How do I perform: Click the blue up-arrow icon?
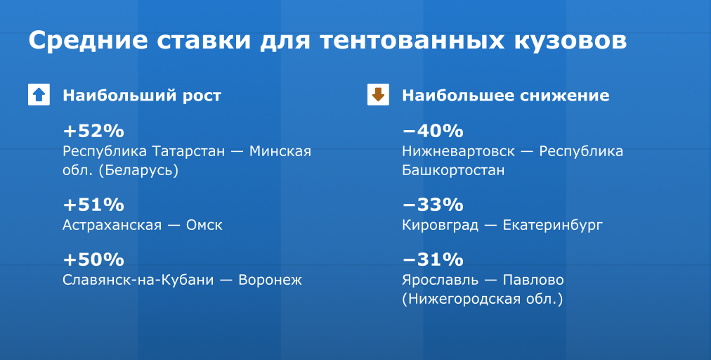click(39, 94)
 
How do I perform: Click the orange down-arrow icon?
click(378, 94)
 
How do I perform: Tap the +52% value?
click(93, 131)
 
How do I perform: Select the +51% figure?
click(93, 205)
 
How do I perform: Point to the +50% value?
click(93, 259)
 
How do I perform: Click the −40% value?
click(433, 131)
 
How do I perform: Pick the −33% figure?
click(433, 205)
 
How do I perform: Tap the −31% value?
click(433, 259)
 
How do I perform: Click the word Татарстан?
click(188, 151)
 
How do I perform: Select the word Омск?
click(204, 225)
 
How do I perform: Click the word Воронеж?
click(270, 280)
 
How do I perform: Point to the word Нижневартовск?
click(459, 151)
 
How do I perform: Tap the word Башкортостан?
click(453, 171)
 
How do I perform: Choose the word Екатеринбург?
click(553, 226)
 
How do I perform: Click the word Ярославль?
click(441, 280)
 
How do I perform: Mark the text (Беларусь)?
click(138, 171)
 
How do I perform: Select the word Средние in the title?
click(88, 40)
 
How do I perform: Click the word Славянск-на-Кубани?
click(138, 280)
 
